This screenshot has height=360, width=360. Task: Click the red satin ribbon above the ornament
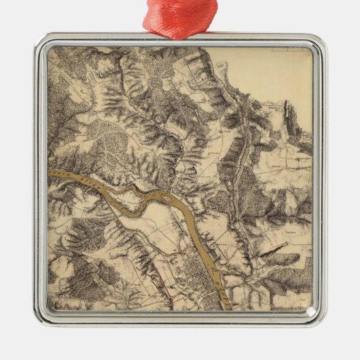pyautogui.click(x=179, y=15)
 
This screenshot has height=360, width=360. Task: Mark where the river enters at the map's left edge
pyautogui.click(x=51, y=173)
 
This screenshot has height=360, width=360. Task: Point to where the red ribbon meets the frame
pyautogui.click(x=179, y=33)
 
